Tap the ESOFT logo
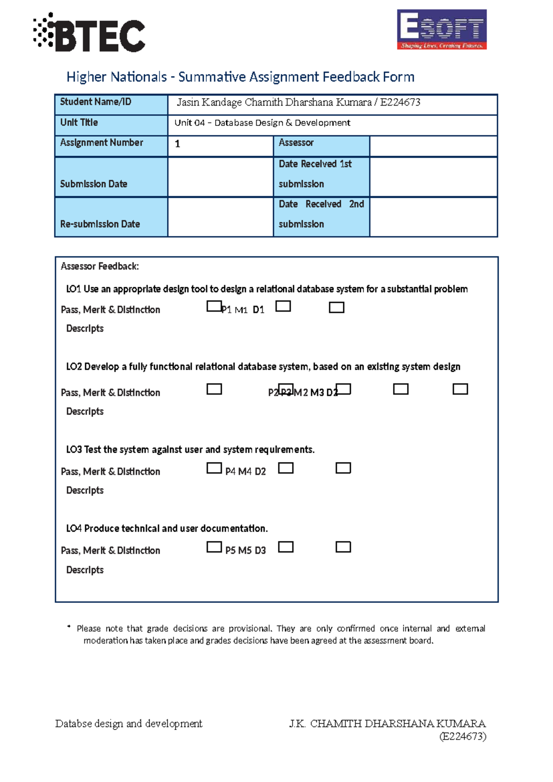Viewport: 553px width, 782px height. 441,30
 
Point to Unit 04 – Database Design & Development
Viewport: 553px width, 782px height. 262,123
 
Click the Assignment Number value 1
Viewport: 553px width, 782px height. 177,144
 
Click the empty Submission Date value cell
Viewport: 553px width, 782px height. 220,177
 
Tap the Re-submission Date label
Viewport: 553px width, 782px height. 100,224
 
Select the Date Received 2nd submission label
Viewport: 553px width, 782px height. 321,214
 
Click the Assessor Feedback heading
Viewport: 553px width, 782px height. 100,267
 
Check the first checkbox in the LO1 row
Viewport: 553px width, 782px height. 214,306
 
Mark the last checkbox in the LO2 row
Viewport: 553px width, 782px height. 460,389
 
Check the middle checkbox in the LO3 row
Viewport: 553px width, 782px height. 286,468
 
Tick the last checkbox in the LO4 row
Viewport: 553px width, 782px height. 343,547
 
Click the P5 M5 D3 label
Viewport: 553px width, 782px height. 245,551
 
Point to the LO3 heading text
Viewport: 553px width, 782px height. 190,450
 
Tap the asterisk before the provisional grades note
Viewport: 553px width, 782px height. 69,627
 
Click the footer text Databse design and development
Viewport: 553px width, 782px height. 129,724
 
